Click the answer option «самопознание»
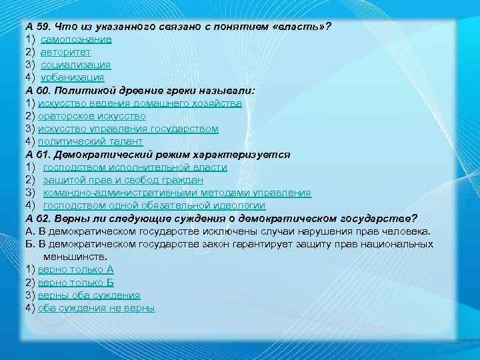coord(76,39)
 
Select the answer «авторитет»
coord(66,52)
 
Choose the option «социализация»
coord(75,65)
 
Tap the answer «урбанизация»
coord(72,77)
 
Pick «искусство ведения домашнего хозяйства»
coord(140,103)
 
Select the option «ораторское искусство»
coord(92,116)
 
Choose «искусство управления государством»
coord(128,129)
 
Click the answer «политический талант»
coord(90,141)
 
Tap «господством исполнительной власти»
coord(135,167)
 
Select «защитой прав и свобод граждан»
coord(123,180)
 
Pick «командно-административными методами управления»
coord(177,193)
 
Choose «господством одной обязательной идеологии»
coord(154,205)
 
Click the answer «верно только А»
coord(76,269)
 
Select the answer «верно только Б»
coord(76,282)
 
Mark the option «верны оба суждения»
coord(89,295)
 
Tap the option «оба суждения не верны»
coord(97,308)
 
